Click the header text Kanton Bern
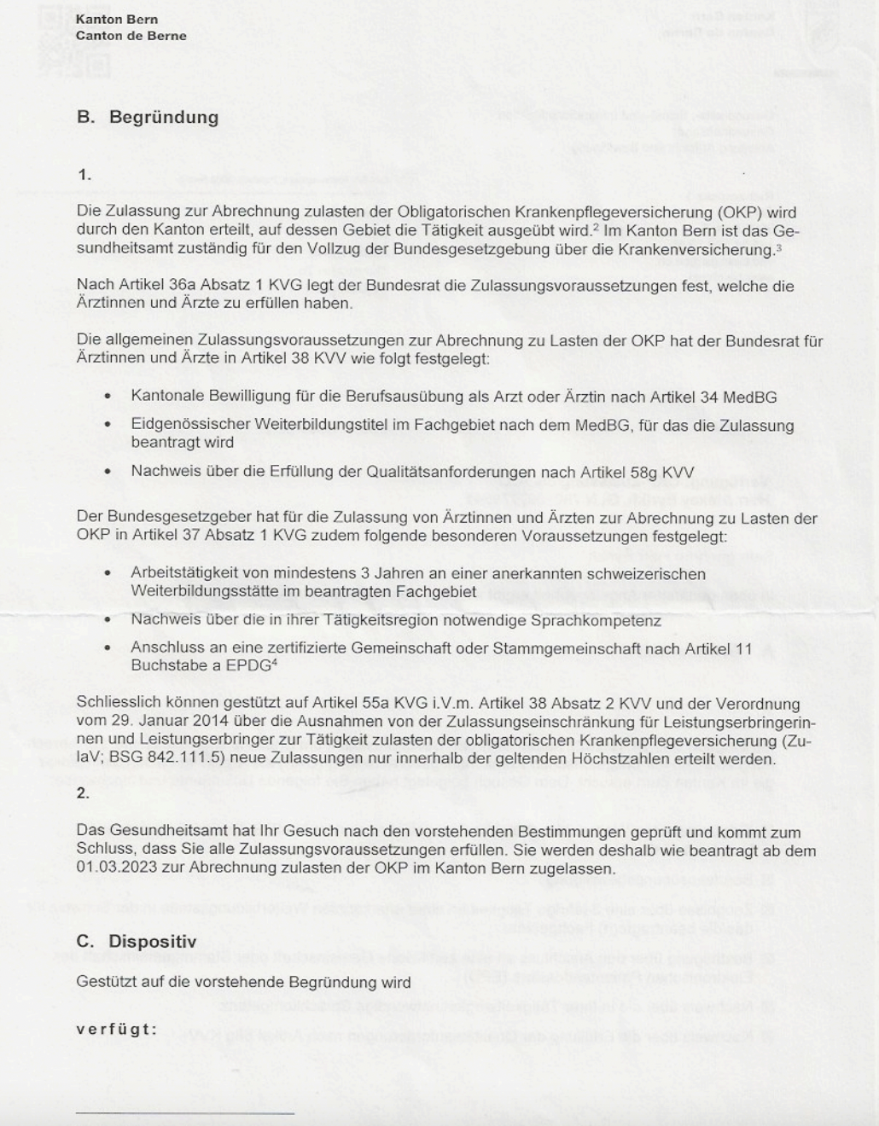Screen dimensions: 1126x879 pyautogui.click(x=116, y=19)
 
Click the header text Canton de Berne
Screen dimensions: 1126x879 pyautogui.click(x=131, y=36)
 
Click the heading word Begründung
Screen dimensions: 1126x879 pyautogui.click(x=164, y=118)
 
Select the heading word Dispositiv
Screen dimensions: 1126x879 pyautogui.click(x=152, y=942)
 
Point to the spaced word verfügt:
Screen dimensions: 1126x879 pyautogui.click(x=117, y=1029)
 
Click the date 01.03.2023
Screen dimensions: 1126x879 pyautogui.click(x=114, y=868)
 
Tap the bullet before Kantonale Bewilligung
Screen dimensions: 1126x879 pyautogui.click(x=107, y=397)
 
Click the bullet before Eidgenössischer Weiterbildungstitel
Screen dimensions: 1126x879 pyautogui.click(x=107, y=425)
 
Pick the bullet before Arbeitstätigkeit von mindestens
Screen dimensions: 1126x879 pyautogui.click(x=107, y=573)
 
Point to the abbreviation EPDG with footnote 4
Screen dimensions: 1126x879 pyautogui.click(x=248, y=666)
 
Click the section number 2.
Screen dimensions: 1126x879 pyautogui.click(x=83, y=793)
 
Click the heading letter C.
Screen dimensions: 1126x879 pyautogui.click(x=84, y=942)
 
